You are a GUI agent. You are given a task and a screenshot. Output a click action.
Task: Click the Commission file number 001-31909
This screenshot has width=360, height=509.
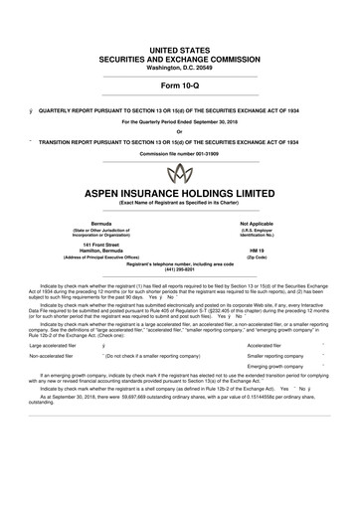(180, 142)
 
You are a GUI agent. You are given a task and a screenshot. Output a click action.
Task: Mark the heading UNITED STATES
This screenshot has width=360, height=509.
(180, 21)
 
